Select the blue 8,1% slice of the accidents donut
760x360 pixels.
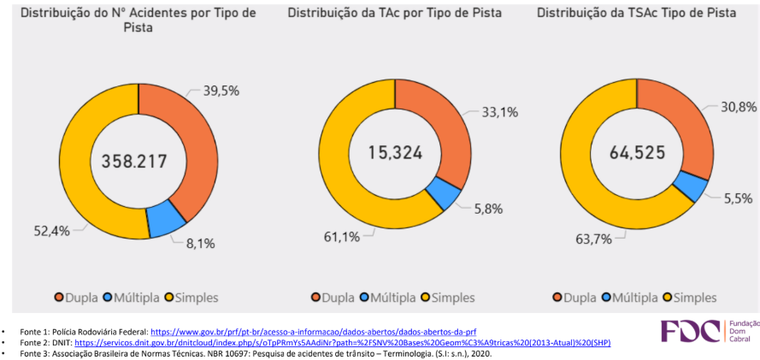(x=165, y=221)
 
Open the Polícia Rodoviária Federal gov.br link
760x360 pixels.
(x=313, y=331)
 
